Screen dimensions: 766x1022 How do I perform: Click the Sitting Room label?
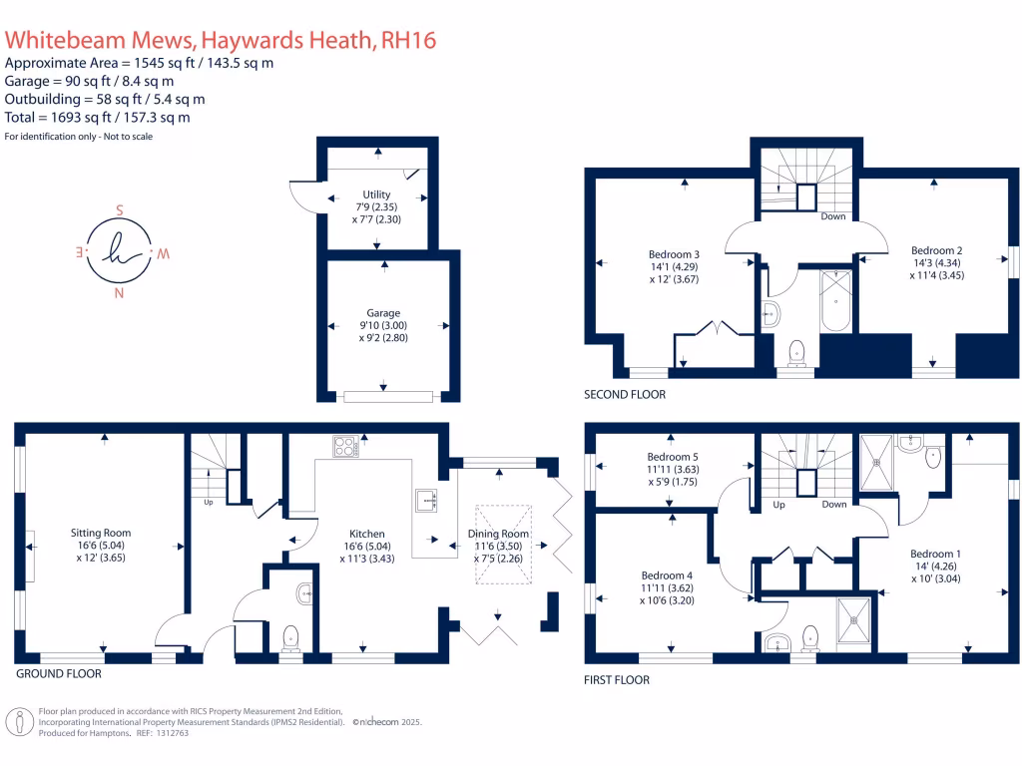click(x=101, y=533)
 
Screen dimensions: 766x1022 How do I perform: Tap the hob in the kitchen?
click(x=345, y=448)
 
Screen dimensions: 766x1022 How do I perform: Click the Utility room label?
click(x=377, y=194)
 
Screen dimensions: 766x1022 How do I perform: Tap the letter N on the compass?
click(x=120, y=293)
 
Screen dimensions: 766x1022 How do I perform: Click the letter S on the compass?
click(x=119, y=211)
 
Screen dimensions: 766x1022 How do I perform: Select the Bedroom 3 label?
click(x=664, y=253)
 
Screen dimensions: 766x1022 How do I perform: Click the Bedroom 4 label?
click(x=667, y=575)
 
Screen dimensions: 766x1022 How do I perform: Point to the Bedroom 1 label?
click(x=935, y=554)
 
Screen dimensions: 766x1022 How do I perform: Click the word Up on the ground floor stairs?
click(x=208, y=502)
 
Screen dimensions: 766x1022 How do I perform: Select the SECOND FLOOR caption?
click(x=625, y=395)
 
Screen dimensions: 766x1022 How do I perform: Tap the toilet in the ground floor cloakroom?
click(x=291, y=634)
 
